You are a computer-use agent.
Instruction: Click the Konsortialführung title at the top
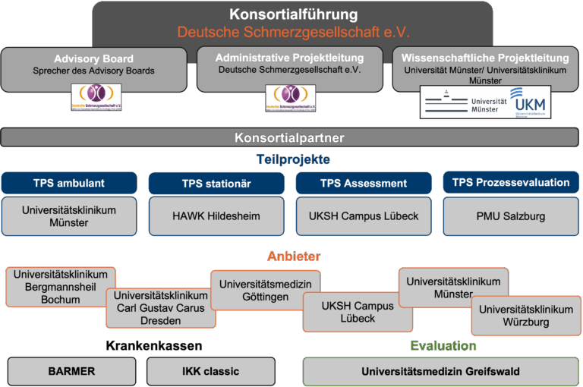coord(294,14)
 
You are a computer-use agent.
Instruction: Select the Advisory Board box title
coord(93,58)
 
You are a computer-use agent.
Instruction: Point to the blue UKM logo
coord(529,102)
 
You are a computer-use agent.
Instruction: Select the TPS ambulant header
coord(69,183)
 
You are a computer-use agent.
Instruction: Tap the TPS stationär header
coord(216,184)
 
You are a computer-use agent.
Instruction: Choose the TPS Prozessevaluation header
coord(511,183)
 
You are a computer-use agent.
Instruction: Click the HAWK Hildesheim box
coord(216,216)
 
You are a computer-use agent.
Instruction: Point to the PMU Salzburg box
coord(511,216)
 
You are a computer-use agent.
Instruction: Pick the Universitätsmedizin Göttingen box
coord(264,290)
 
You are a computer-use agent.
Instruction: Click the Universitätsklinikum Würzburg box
coord(526,316)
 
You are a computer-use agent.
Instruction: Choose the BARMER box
coord(71,371)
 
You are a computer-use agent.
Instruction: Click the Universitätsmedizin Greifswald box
coord(440,371)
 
